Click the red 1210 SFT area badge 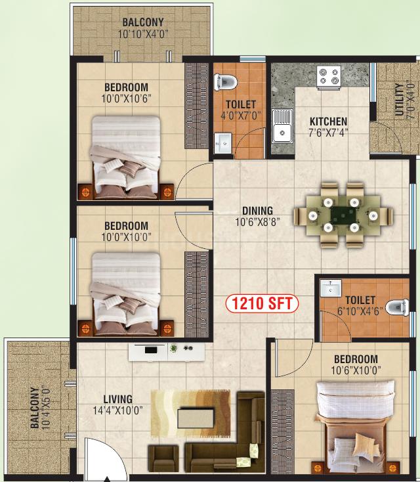click(262, 303)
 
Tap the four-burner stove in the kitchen click(329, 77)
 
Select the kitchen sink click(282, 125)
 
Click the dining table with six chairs click(343, 214)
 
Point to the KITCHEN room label click(328, 121)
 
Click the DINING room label click(257, 211)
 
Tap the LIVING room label click(117, 399)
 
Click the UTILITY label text click(399, 99)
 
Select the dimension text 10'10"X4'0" click(143, 33)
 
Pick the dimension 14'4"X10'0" click(117, 410)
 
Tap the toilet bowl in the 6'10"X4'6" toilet click(396, 307)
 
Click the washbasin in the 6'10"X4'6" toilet click(331, 289)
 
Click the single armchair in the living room click(163, 460)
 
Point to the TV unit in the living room click(167, 352)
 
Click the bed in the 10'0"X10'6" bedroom click(126, 158)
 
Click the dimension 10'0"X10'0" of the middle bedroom click(126, 237)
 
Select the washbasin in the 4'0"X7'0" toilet click(222, 143)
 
